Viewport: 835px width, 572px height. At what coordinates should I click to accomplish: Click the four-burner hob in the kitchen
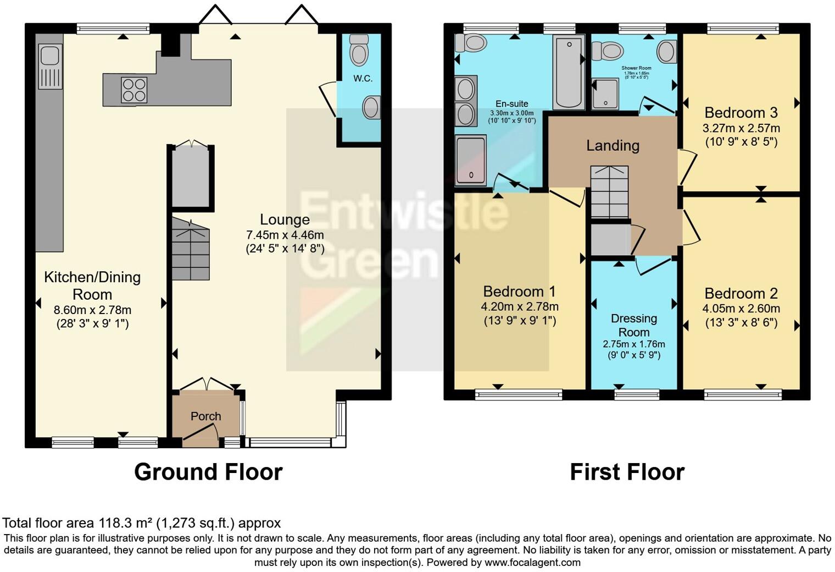(x=134, y=90)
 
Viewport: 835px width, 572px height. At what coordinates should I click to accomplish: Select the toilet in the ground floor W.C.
(x=359, y=50)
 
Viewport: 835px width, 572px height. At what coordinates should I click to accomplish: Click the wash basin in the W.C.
(x=371, y=107)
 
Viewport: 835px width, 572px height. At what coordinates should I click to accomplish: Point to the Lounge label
(x=285, y=219)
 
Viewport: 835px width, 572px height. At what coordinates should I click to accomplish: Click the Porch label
(x=206, y=416)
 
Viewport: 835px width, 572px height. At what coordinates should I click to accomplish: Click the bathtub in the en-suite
(x=569, y=71)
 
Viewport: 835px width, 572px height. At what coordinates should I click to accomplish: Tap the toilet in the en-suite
(x=471, y=42)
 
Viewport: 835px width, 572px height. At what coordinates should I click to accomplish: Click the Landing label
(x=613, y=145)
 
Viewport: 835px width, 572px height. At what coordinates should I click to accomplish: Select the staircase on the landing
(x=609, y=193)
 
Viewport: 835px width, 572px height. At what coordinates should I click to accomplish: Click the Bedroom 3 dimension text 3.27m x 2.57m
(x=741, y=128)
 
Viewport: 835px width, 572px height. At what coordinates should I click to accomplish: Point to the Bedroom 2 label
(x=741, y=293)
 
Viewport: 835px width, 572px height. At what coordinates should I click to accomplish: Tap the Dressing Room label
(x=634, y=325)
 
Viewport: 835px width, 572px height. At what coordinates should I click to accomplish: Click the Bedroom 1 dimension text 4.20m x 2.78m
(x=520, y=307)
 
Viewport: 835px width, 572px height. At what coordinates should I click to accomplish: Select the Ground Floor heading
(x=208, y=472)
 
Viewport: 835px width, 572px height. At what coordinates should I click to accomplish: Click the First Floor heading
(x=627, y=472)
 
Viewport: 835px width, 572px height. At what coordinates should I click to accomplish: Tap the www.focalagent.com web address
(x=532, y=562)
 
